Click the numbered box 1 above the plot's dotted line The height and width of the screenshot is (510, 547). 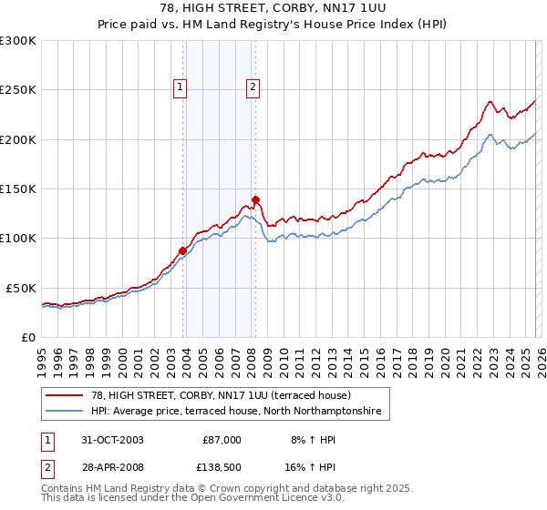(180, 87)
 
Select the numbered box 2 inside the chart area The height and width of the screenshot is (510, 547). (252, 87)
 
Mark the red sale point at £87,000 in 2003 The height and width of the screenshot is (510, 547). (183, 250)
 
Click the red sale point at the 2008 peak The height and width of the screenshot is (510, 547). (255, 199)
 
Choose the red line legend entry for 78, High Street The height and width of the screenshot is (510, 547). (227, 395)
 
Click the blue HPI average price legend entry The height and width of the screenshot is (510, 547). (242, 413)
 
